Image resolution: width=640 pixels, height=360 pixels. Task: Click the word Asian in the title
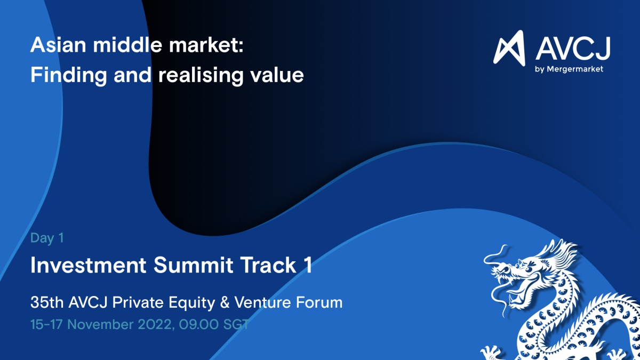pyautogui.click(x=58, y=45)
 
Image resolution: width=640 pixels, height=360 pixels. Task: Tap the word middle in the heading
pyautogui.click(x=127, y=45)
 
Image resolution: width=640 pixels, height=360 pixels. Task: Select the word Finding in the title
pyautogui.click(x=68, y=75)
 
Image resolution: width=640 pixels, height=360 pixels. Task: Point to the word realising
pyautogui.click(x=201, y=75)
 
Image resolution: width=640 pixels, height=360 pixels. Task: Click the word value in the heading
pyautogui.click(x=277, y=75)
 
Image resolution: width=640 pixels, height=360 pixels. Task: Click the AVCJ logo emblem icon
pyautogui.click(x=509, y=48)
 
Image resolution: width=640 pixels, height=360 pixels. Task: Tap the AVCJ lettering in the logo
pyautogui.click(x=573, y=48)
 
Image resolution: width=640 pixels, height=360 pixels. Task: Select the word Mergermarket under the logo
pyautogui.click(x=575, y=69)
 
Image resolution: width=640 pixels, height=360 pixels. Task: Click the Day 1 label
pyautogui.click(x=47, y=238)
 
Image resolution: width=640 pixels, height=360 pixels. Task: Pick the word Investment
pyautogui.click(x=89, y=265)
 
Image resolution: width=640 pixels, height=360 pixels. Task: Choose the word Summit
pyautogui.click(x=194, y=265)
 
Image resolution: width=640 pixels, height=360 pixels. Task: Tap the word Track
pyautogui.click(x=268, y=265)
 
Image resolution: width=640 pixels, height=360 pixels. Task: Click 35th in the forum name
pyautogui.click(x=47, y=302)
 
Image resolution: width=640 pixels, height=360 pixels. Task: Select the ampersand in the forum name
pyautogui.click(x=225, y=302)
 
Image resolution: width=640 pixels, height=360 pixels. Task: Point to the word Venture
pyautogui.click(x=262, y=302)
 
